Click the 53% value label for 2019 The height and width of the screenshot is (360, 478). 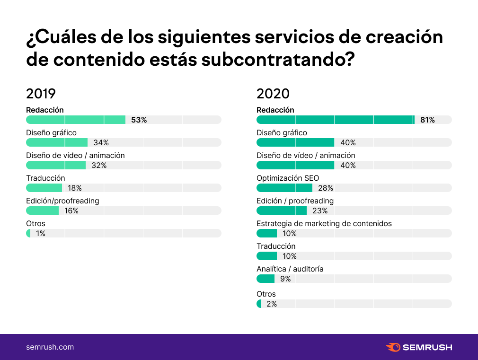click(x=139, y=120)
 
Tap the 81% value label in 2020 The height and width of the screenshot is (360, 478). click(x=427, y=120)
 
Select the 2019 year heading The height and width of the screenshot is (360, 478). click(x=41, y=93)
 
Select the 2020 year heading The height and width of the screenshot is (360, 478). click(x=273, y=93)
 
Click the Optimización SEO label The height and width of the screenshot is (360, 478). click(x=288, y=178)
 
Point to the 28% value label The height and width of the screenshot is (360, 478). click(x=326, y=188)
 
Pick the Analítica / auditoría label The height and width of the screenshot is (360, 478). click(x=290, y=269)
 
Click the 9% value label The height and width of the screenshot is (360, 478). click(x=285, y=279)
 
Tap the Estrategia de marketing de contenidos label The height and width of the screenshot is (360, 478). click(x=324, y=224)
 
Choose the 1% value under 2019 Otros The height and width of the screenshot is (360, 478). click(x=41, y=234)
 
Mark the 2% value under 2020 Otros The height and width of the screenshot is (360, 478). click(x=272, y=304)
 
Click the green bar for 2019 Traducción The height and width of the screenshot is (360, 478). click(x=44, y=188)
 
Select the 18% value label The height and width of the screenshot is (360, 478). click(x=75, y=188)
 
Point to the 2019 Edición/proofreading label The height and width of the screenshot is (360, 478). click(x=62, y=201)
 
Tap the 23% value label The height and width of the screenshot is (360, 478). click(x=320, y=211)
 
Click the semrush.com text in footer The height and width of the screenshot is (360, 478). click(x=50, y=347)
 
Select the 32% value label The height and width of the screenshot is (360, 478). click(x=99, y=166)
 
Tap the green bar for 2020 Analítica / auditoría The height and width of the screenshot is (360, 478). click(x=266, y=279)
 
